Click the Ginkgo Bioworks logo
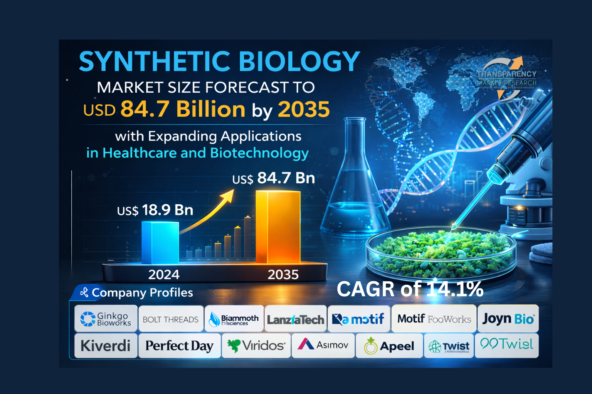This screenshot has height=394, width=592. [106, 319]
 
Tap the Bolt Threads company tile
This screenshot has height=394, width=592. [171, 319]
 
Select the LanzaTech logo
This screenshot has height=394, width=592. [296, 319]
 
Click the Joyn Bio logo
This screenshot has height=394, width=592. [508, 319]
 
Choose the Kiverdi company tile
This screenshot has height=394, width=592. [106, 346]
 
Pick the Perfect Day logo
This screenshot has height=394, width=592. [179, 346]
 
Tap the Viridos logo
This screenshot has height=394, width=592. [256, 346]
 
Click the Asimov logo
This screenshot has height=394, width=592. [323, 345]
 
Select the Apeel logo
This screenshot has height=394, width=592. [389, 346]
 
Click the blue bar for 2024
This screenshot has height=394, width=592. [160, 242]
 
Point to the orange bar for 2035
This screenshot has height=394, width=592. [278, 227]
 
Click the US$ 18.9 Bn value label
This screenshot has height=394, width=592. [155, 210]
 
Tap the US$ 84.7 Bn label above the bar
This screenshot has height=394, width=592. [274, 178]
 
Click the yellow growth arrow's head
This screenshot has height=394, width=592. [228, 194]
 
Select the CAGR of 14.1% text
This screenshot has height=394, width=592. [410, 289]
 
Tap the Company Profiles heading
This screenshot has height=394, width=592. [142, 292]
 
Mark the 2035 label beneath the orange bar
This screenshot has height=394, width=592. [283, 275]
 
